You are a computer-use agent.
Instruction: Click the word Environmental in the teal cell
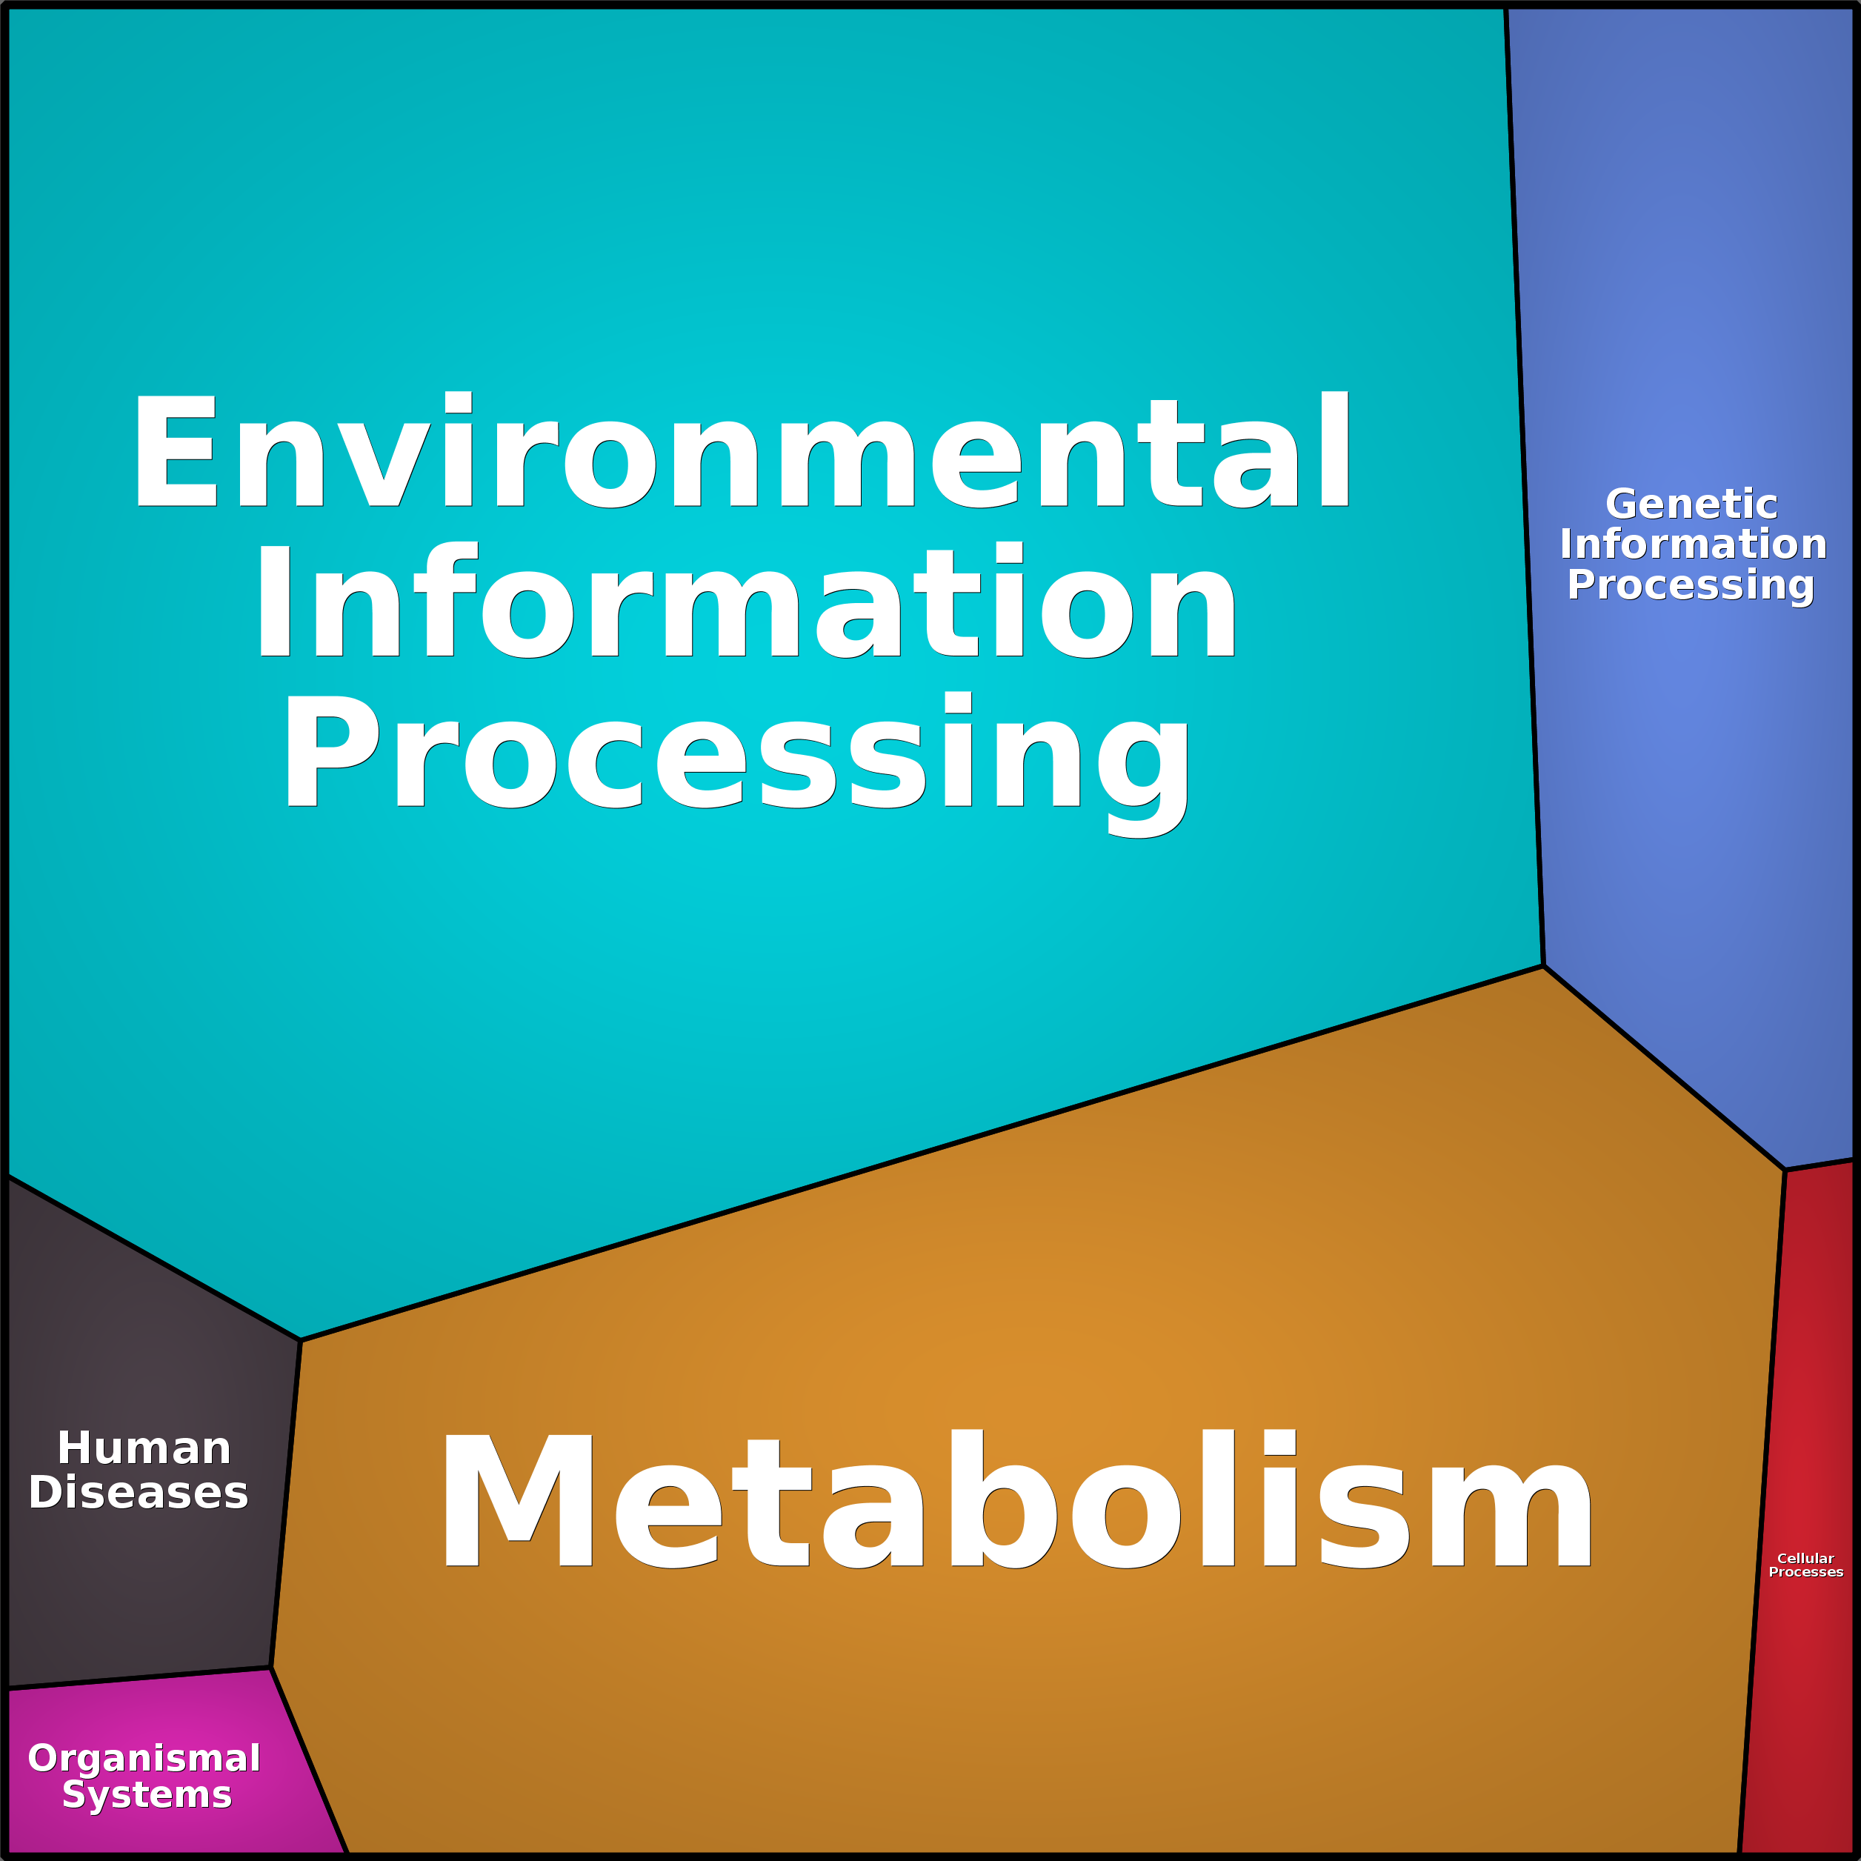742,450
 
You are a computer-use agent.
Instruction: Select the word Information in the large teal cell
745,600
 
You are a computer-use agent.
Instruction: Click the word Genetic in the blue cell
1691,504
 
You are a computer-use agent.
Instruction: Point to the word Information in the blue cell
1692,545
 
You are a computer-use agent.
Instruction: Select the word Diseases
139,1492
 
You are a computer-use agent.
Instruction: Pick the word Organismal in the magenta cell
144,1758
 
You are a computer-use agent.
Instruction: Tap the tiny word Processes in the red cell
1806,1572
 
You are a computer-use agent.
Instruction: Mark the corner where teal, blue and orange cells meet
1543,966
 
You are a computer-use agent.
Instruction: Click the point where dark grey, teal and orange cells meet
301,1340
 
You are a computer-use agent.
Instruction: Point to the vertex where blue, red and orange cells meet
1785,1171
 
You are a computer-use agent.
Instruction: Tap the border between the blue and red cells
1820,1165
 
